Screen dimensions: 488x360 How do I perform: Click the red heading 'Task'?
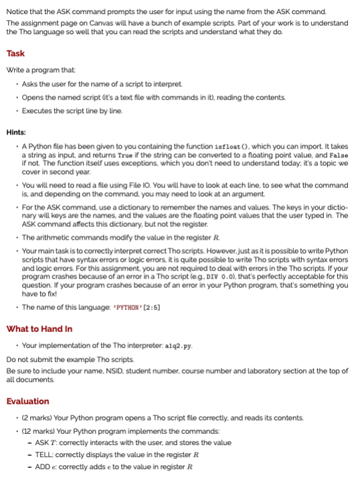pos(15,54)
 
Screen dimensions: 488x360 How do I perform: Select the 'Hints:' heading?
pos(17,132)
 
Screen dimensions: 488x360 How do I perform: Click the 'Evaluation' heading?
pos(27,401)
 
